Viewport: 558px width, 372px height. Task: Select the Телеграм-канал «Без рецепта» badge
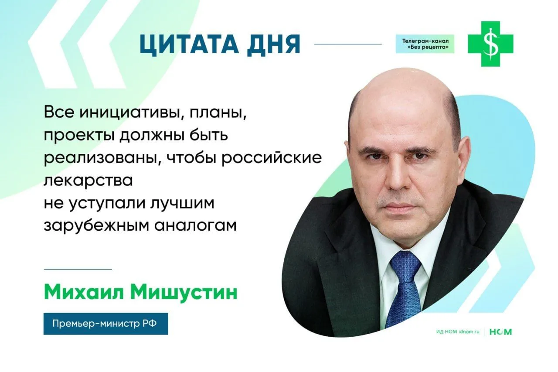[425, 44]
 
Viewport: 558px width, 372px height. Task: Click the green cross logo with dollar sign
[490, 44]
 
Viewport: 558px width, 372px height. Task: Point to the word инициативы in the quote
[133, 113]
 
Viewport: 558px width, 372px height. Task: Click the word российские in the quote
[272, 158]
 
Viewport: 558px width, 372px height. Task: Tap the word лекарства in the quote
[88, 181]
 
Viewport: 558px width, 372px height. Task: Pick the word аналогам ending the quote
[195, 226]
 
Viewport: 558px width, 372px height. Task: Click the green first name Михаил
[84, 293]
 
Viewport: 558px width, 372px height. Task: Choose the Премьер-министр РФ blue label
[105, 324]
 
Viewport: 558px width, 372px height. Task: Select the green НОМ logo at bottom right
[501, 332]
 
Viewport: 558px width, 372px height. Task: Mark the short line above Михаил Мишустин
[78, 269]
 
